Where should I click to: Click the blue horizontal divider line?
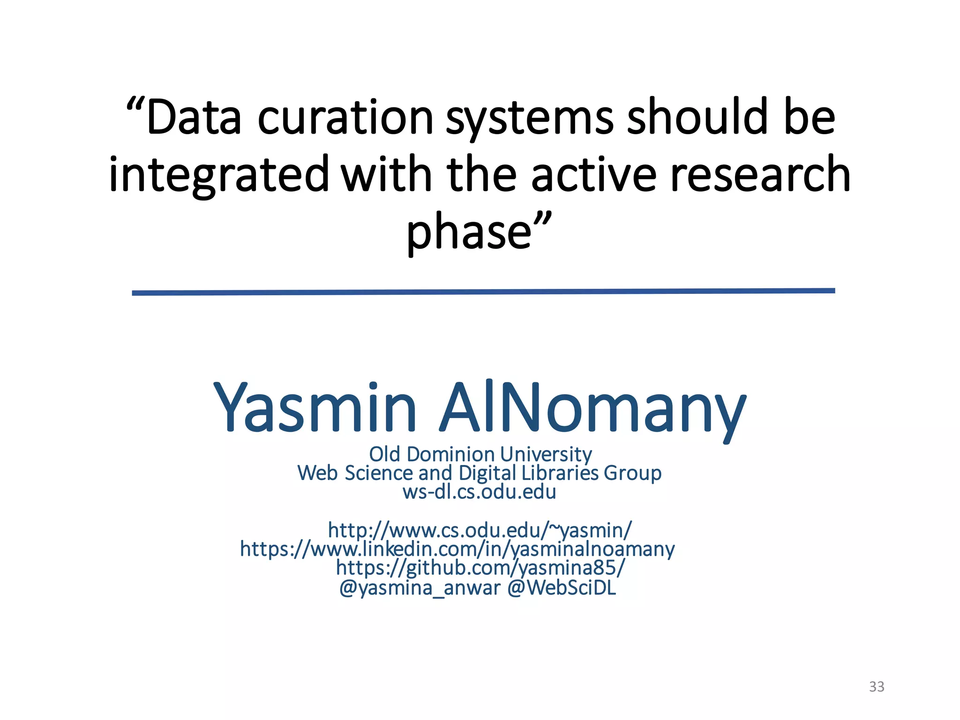[x=483, y=292]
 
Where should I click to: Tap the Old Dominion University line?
[x=480, y=454]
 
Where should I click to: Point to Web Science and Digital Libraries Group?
[x=479, y=473]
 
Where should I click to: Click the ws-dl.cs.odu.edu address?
[x=479, y=492]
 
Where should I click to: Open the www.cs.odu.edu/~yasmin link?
[x=480, y=530]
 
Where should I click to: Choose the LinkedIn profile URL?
[x=457, y=549]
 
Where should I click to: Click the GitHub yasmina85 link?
[x=480, y=568]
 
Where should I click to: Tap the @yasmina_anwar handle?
[x=420, y=588]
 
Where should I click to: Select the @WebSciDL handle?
[x=562, y=588]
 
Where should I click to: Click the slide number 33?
[x=876, y=686]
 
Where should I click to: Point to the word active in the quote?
[x=593, y=174]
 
